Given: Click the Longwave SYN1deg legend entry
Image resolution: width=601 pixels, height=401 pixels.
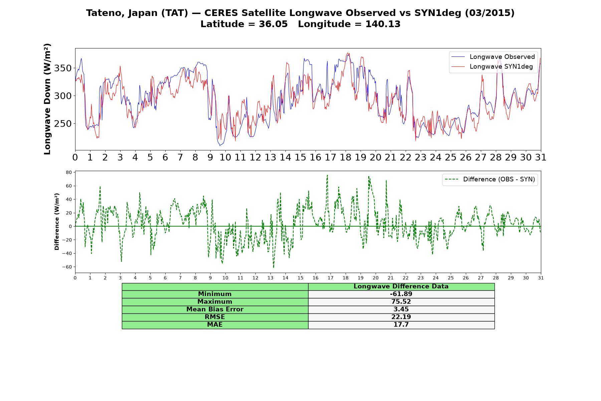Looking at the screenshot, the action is pyautogui.click(x=492, y=66).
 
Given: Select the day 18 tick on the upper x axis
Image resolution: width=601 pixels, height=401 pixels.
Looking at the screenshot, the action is pyautogui.click(x=346, y=157).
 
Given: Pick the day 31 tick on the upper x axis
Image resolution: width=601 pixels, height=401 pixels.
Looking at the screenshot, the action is pyautogui.click(x=541, y=157).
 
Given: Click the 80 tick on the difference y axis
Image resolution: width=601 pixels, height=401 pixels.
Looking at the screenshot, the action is pyautogui.click(x=69, y=172).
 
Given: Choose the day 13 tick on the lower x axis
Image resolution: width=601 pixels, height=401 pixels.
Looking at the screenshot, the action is pyautogui.click(x=270, y=278).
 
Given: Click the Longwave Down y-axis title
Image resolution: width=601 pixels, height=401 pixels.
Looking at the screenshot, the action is pyautogui.click(x=47, y=99).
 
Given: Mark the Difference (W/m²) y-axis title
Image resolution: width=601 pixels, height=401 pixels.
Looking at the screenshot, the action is pyautogui.click(x=57, y=222).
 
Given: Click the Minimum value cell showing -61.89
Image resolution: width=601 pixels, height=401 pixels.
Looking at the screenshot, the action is pyautogui.click(x=401, y=294).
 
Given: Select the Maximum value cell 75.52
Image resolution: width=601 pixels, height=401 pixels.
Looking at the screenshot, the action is pyautogui.click(x=401, y=302).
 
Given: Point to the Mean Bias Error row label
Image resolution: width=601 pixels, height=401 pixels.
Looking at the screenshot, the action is pyautogui.click(x=215, y=309).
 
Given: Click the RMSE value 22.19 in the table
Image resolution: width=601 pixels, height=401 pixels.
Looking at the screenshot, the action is pyautogui.click(x=401, y=317).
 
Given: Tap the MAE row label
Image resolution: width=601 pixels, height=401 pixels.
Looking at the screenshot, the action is pyautogui.click(x=215, y=325).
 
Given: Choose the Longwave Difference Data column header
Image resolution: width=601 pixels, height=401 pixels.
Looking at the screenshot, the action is pyautogui.click(x=401, y=286).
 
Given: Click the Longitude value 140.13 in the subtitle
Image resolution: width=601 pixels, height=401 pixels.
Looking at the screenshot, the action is pyautogui.click(x=383, y=24).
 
